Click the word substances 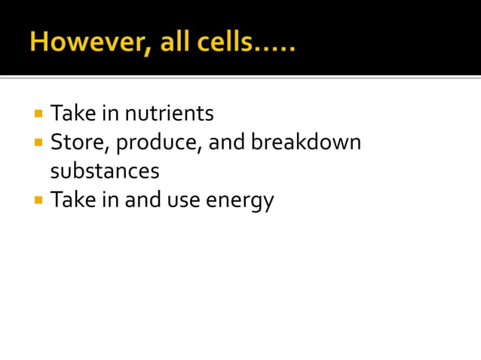click(x=105, y=171)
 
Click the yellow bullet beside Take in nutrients click(x=38, y=114)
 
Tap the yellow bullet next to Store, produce click(x=38, y=142)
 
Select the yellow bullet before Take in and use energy click(x=38, y=200)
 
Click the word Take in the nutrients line click(x=70, y=114)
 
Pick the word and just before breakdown click(x=226, y=142)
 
